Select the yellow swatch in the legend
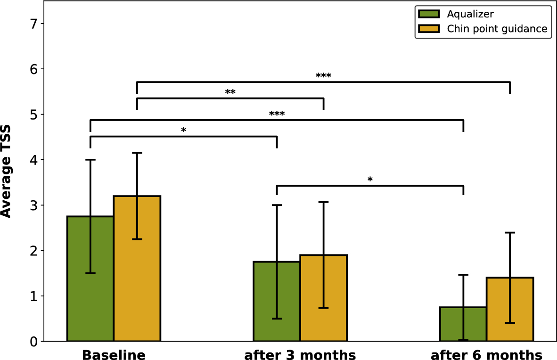coord(427,29)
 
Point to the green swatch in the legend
coord(427,14)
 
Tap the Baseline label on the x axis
coord(114,354)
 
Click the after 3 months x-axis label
coord(300,354)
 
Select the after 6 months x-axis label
coord(486,354)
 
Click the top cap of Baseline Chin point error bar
coord(137,153)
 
